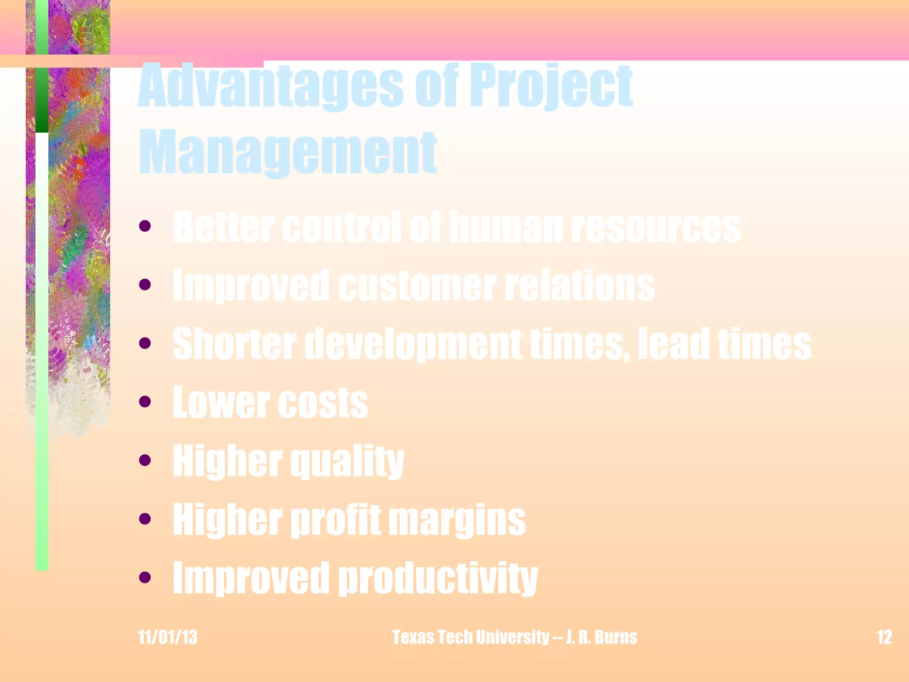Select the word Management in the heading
(288, 153)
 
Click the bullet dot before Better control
(145, 226)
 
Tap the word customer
(417, 285)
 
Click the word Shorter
(234, 344)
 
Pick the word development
(413, 345)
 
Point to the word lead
(673, 344)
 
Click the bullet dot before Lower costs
(145, 402)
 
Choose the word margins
(457, 520)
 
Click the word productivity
(438, 578)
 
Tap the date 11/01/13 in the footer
(167, 637)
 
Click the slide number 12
(884, 637)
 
